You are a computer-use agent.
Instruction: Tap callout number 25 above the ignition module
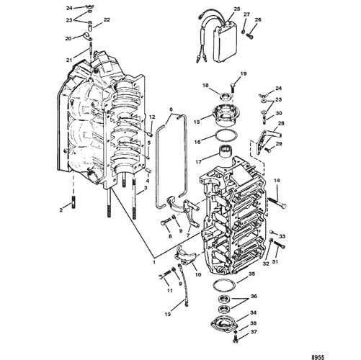tap(237, 9)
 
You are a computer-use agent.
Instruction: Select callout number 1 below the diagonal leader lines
tap(154, 262)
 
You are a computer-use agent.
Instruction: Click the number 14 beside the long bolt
tap(277, 181)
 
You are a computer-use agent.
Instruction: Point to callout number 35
tap(251, 274)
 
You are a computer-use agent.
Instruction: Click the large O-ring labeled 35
tap(224, 285)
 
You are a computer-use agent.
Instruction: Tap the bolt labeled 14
tap(277, 202)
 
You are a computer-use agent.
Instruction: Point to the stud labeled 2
tap(73, 202)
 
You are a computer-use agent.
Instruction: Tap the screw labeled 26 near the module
tap(250, 37)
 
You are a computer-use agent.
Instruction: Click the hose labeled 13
tap(183, 284)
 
